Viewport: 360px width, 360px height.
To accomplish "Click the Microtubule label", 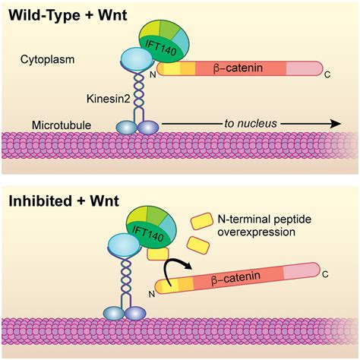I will click(58, 123).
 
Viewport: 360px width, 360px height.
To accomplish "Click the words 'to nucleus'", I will click(248, 122).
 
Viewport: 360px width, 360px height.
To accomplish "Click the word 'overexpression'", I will click(256, 233).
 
